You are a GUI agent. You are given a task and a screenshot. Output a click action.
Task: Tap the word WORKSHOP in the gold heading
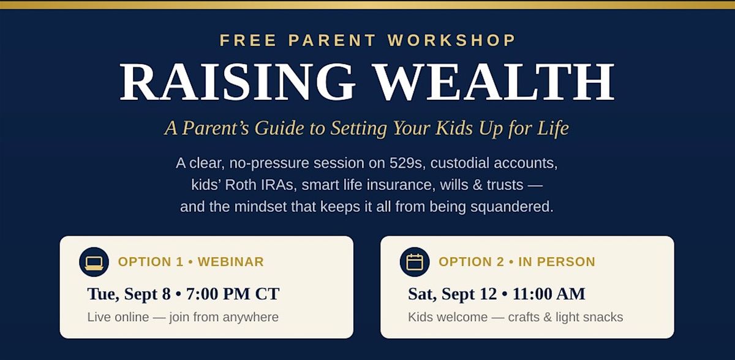click(x=451, y=40)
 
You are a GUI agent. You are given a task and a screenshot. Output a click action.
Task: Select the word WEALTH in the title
click(x=494, y=81)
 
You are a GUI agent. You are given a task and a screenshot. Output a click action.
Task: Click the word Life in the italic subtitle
click(x=553, y=127)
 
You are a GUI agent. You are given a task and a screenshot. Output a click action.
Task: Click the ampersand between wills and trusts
click(x=477, y=185)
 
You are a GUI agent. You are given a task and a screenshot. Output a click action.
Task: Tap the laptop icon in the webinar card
click(x=94, y=262)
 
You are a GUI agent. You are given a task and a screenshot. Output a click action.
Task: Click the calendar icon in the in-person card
click(x=415, y=262)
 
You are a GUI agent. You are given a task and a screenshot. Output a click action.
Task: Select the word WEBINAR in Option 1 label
click(x=231, y=262)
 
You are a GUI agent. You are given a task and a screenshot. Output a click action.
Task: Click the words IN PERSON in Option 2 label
click(x=557, y=262)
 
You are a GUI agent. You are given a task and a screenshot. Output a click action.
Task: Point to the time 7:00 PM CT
click(x=233, y=294)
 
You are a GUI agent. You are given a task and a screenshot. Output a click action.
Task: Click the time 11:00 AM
click(x=549, y=294)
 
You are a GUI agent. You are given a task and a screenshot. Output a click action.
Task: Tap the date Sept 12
click(x=469, y=294)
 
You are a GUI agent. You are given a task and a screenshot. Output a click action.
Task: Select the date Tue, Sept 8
click(x=129, y=294)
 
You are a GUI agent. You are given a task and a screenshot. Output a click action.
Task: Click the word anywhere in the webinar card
click(x=251, y=318)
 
